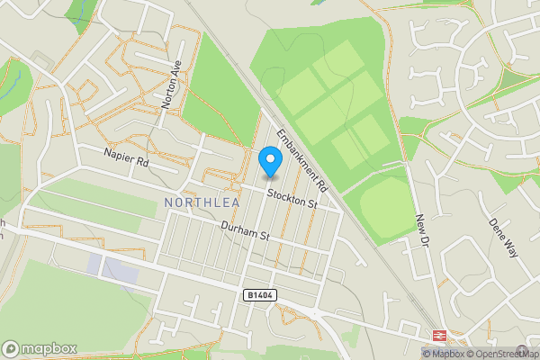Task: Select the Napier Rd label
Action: (125, 160)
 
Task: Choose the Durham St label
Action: (247, 231)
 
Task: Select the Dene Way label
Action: (504, 236)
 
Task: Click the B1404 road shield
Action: (258, 294)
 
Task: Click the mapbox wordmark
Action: (49, 348)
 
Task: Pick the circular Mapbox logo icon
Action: (11, 348)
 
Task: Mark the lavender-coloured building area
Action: (112, 267)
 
